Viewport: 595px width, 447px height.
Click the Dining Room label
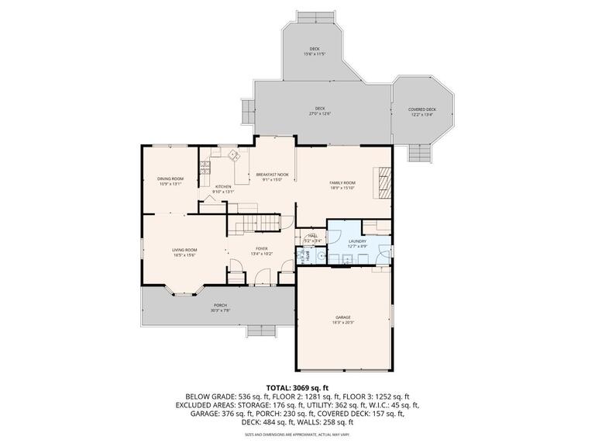point(170,181)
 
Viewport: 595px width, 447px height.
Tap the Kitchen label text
point(223,189)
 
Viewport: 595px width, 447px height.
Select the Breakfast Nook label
point(272,177)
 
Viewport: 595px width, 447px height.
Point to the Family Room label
point(342,185)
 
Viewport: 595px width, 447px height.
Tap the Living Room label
point(184,251)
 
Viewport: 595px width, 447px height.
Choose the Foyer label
point(262,251)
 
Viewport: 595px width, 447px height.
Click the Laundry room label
point(356,244)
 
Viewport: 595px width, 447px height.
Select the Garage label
point(343,319)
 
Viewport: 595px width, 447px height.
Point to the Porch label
point(221,307)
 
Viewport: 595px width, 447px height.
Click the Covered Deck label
point(422,112)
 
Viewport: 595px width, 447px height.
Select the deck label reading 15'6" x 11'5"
point(315,51)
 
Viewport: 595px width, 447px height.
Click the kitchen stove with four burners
point(205,167)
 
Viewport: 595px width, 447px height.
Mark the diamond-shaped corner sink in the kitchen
point(232,154)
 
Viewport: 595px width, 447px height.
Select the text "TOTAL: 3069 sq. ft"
point(297,386)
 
